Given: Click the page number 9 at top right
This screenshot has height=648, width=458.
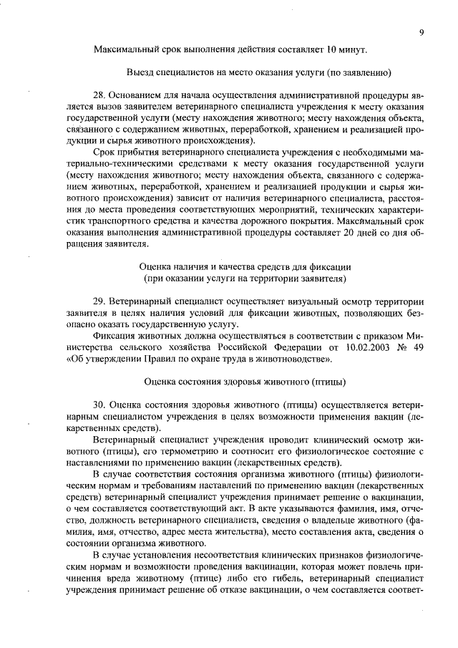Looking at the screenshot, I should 422,32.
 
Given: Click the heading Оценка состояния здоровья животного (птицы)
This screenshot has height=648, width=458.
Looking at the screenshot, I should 245,380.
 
